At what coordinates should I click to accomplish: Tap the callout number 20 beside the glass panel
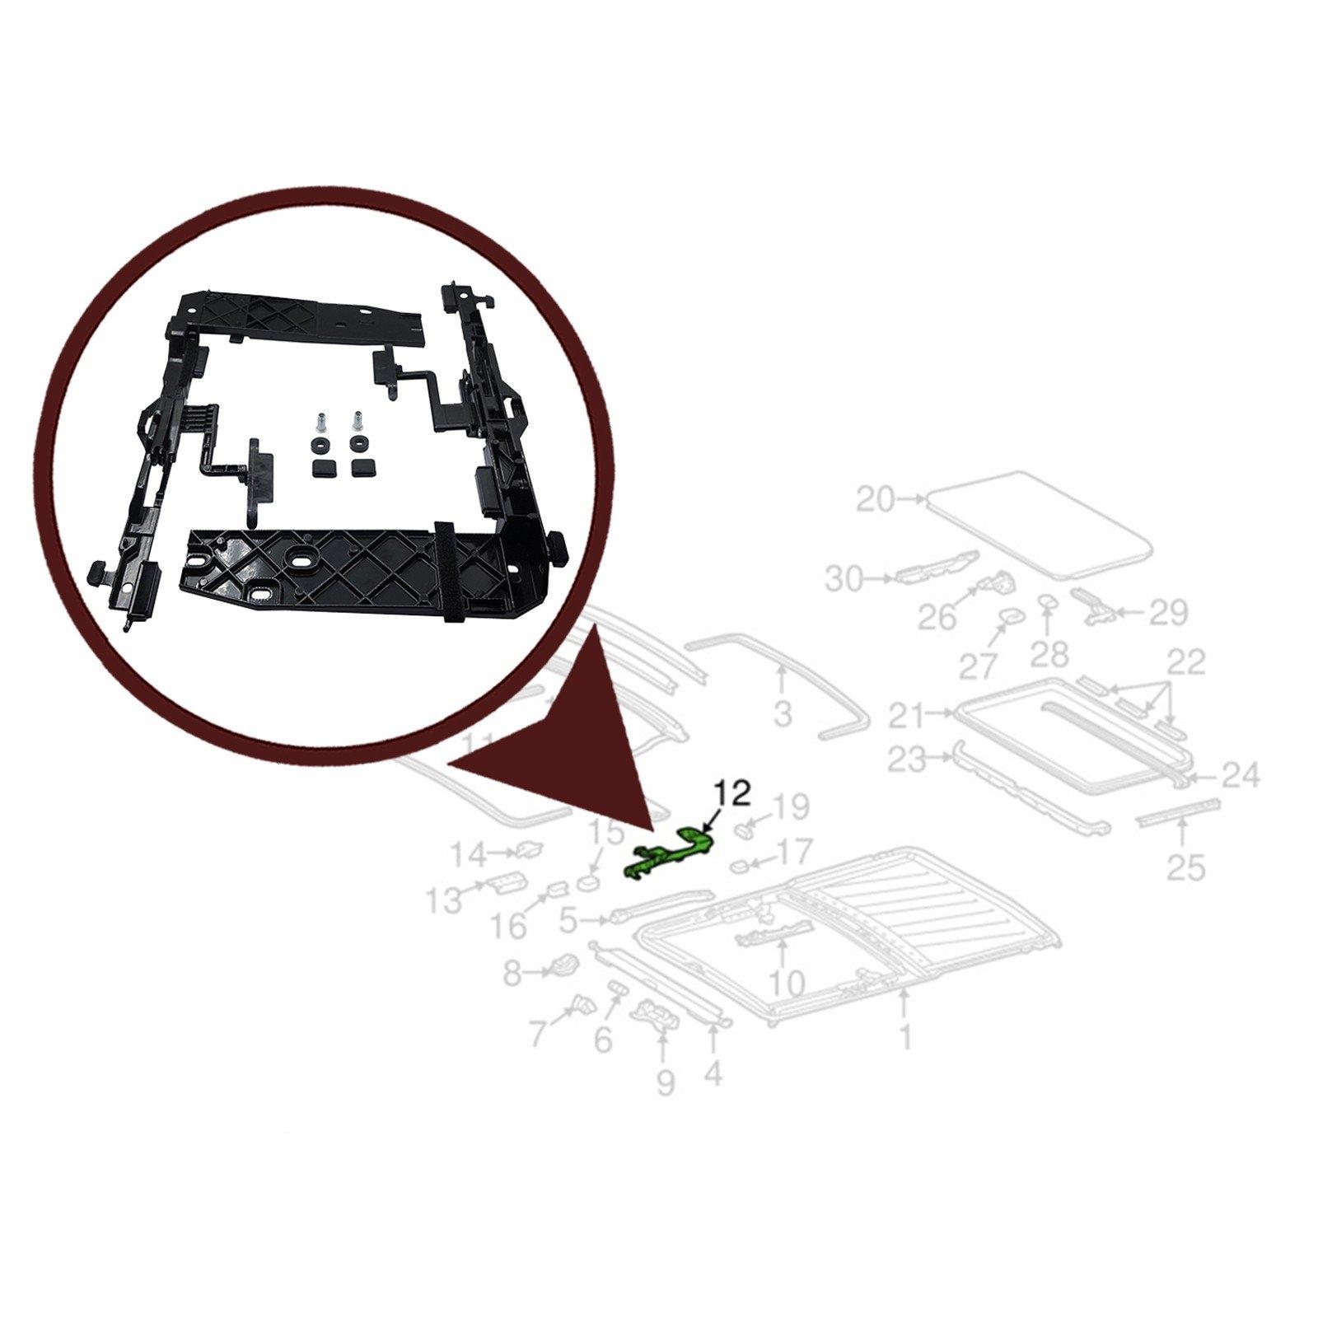pos(875,499)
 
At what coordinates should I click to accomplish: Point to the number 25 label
pos(1185,867)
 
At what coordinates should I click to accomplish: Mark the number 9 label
pos(665,1082)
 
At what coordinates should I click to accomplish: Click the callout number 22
pos(1185,661)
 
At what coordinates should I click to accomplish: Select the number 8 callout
pos(513,975)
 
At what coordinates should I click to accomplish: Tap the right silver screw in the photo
pos(357,423)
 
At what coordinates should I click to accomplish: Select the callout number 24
pos(1240,775)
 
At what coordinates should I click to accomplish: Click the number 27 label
pos(979,666)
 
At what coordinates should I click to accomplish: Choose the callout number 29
pos(1167,613)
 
